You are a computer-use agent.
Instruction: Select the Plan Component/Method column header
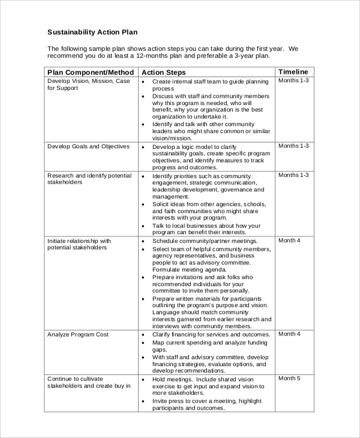coord(90,72)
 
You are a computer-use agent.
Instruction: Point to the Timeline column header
coord(293,71)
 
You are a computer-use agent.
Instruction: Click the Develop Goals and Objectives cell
coord(88,146)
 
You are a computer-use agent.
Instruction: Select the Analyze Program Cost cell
coord(79,334)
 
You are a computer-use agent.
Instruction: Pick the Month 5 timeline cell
coord(289,379)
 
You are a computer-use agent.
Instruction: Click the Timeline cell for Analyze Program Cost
coord(289,334)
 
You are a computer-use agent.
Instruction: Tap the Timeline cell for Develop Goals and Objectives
coord(293,146)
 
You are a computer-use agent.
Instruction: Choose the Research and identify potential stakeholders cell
coord(89,179)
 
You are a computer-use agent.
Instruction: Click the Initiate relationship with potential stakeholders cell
coord(79,244)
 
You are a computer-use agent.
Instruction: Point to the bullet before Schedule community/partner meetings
coord(143,241)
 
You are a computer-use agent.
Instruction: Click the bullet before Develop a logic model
coord(143,146)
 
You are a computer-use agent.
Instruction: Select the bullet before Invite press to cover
coord(143,401)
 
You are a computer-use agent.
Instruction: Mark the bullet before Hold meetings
coord(143,380)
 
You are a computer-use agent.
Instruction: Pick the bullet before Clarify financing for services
coord(143,335)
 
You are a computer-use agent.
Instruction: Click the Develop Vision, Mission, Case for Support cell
coord(88,85)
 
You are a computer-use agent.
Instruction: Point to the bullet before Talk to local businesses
coord(143,226)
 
